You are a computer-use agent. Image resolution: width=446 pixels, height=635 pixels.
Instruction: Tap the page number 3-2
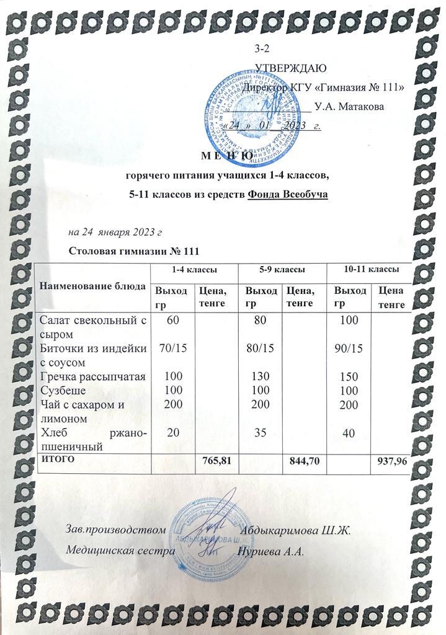click(x=263, y=49)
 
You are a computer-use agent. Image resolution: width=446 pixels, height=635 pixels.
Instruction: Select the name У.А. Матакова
click(x=349, y=106)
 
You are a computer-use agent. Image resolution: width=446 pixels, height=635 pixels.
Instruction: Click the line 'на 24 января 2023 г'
click(x=115, y=233)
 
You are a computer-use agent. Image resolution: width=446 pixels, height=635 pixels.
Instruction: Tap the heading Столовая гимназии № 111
click(x=134, y=252)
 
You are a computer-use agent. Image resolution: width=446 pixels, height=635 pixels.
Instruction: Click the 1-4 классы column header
click(x=194, y=270)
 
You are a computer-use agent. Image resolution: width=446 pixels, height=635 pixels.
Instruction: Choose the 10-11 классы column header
click(x=371, y=270)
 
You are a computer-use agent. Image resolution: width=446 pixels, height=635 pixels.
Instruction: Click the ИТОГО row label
click(x=58, y=460)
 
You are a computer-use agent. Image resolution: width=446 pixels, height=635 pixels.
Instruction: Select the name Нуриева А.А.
click(x=271, y=551)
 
